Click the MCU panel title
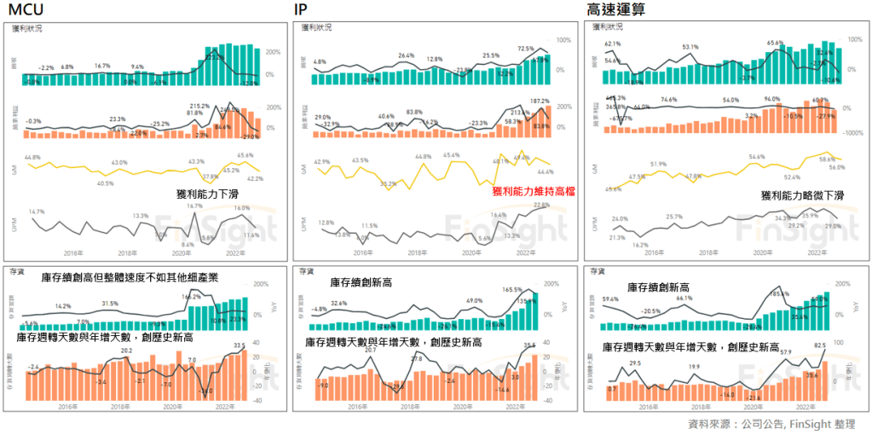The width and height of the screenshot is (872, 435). [26, 9]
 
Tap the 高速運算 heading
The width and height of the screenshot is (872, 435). [615, 9]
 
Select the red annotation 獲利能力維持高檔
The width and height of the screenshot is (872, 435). [533, 192]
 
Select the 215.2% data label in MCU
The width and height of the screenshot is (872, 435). [199, 106]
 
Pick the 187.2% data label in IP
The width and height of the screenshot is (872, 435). [539, 101]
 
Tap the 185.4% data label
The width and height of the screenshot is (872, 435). [779, 294]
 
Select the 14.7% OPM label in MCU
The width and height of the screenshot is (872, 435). [37, 212]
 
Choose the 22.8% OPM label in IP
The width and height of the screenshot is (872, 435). [540, 206]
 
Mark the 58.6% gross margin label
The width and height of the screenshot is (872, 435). [825, 159]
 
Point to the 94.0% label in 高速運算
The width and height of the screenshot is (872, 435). [772, 99]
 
